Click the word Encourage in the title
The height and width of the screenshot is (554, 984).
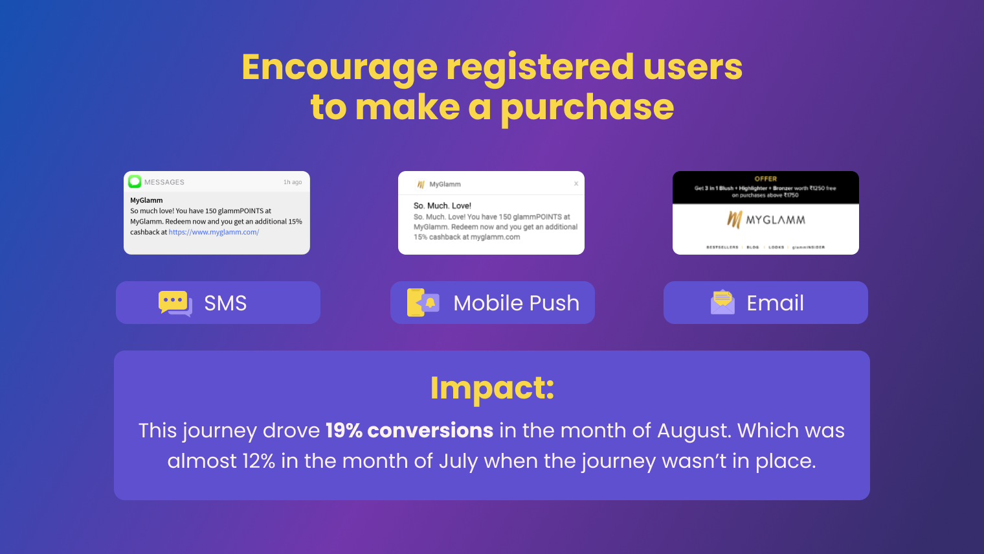pos(340,67)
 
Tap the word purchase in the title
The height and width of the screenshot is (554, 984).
pos(587,108)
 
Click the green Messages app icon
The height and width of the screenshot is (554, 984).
pos(135,181)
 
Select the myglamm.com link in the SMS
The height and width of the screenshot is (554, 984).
pos(214,232)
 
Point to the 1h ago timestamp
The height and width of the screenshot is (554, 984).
pos(293,182)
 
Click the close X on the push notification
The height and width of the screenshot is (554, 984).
pos(576,184)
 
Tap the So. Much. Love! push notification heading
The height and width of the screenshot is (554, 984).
pos(442,206)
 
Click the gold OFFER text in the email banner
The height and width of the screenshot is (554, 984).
pos(765,179)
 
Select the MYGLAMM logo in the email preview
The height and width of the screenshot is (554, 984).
pos(766,220)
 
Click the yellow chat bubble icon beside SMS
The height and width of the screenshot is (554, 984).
pos(175,303)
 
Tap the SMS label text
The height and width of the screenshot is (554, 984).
pos(225,303)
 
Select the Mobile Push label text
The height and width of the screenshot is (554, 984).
pos(516,303)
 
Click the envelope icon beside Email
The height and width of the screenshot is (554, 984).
pos(722,303)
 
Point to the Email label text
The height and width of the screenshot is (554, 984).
pos(775,303)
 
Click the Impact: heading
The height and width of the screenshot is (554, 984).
pos(492,388)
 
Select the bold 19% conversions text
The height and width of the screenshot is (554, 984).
pos(409,431)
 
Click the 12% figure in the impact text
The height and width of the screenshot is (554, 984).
pos(258,461)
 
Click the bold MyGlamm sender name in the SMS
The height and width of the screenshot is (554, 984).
pos(146,200)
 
